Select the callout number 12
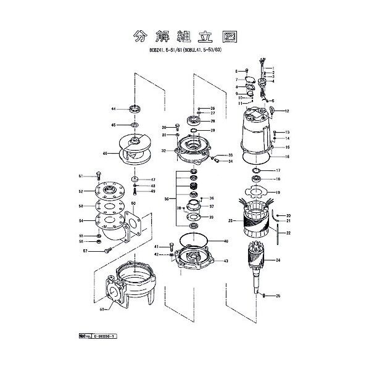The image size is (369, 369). [287, 111]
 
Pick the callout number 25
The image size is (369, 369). [278, 297]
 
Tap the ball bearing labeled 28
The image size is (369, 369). [195, 120]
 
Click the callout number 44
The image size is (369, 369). [114, 109]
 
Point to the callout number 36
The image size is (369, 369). [166, 199]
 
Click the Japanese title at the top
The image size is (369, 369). [184, 36]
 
